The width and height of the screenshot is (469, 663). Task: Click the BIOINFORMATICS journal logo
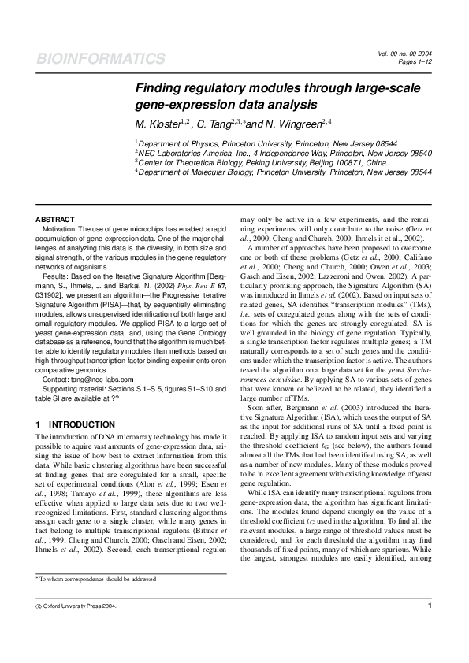coord(101,59)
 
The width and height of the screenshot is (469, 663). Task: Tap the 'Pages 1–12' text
coord(415,61)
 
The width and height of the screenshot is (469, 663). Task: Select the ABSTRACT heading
coord(55,219)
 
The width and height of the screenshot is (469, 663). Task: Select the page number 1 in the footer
coord(430,628)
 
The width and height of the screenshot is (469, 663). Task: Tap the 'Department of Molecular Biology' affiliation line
coord(284,171)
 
